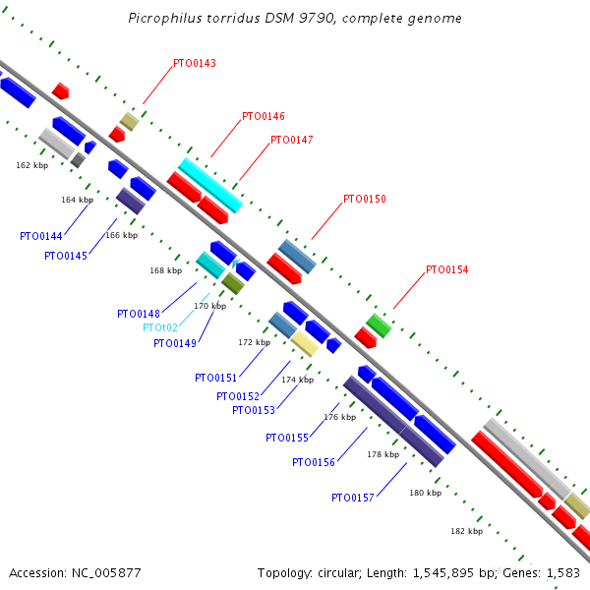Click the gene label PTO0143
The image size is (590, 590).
[195, 63]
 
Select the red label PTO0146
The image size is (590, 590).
[264, 116]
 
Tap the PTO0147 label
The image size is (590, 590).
[291, 140]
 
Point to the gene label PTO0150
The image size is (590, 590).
[365, 199]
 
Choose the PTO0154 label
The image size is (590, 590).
[447, 269]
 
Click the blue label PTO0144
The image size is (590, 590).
[40, 236]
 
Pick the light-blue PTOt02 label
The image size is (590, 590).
[160, 327]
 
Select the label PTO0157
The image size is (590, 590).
[352, 498]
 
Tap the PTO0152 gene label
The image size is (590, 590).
[238, 396]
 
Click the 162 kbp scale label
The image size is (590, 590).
[32, 165]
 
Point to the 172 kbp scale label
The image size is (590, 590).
[254, 342]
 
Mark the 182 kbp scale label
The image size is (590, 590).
[466, 531]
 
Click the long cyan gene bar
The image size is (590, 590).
[209, 184]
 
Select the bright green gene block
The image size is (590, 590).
[379, 325]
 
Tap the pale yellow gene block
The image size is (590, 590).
[304, 343]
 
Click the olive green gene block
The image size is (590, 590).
[232, 283]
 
